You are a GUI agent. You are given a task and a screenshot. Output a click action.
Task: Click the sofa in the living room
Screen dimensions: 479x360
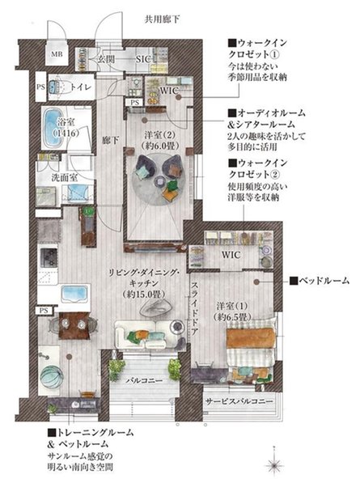coord(146,333)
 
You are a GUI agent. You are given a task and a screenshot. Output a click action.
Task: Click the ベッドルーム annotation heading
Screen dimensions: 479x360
coord(320,281)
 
